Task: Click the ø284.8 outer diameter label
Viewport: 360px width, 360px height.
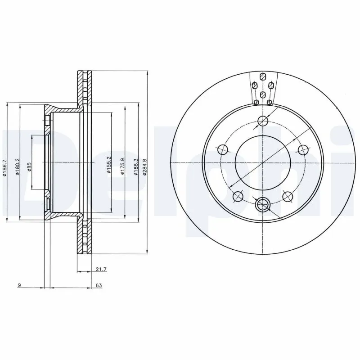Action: click(144, 166)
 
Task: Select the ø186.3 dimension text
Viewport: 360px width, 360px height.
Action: click(135, 166)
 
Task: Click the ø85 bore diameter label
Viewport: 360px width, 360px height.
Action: click(29, 167)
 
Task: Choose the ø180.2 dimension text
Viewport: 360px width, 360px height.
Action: click(18, 166)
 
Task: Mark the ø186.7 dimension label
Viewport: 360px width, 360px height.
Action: click(4, 167)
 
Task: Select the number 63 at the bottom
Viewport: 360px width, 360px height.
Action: click(99, 285)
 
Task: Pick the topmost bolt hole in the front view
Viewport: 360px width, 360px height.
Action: click(263, 121)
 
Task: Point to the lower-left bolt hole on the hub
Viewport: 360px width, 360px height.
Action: click(238, 196)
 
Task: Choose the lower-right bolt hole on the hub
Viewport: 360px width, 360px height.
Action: click(287, 196)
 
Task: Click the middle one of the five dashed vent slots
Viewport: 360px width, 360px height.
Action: click(263, 94)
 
